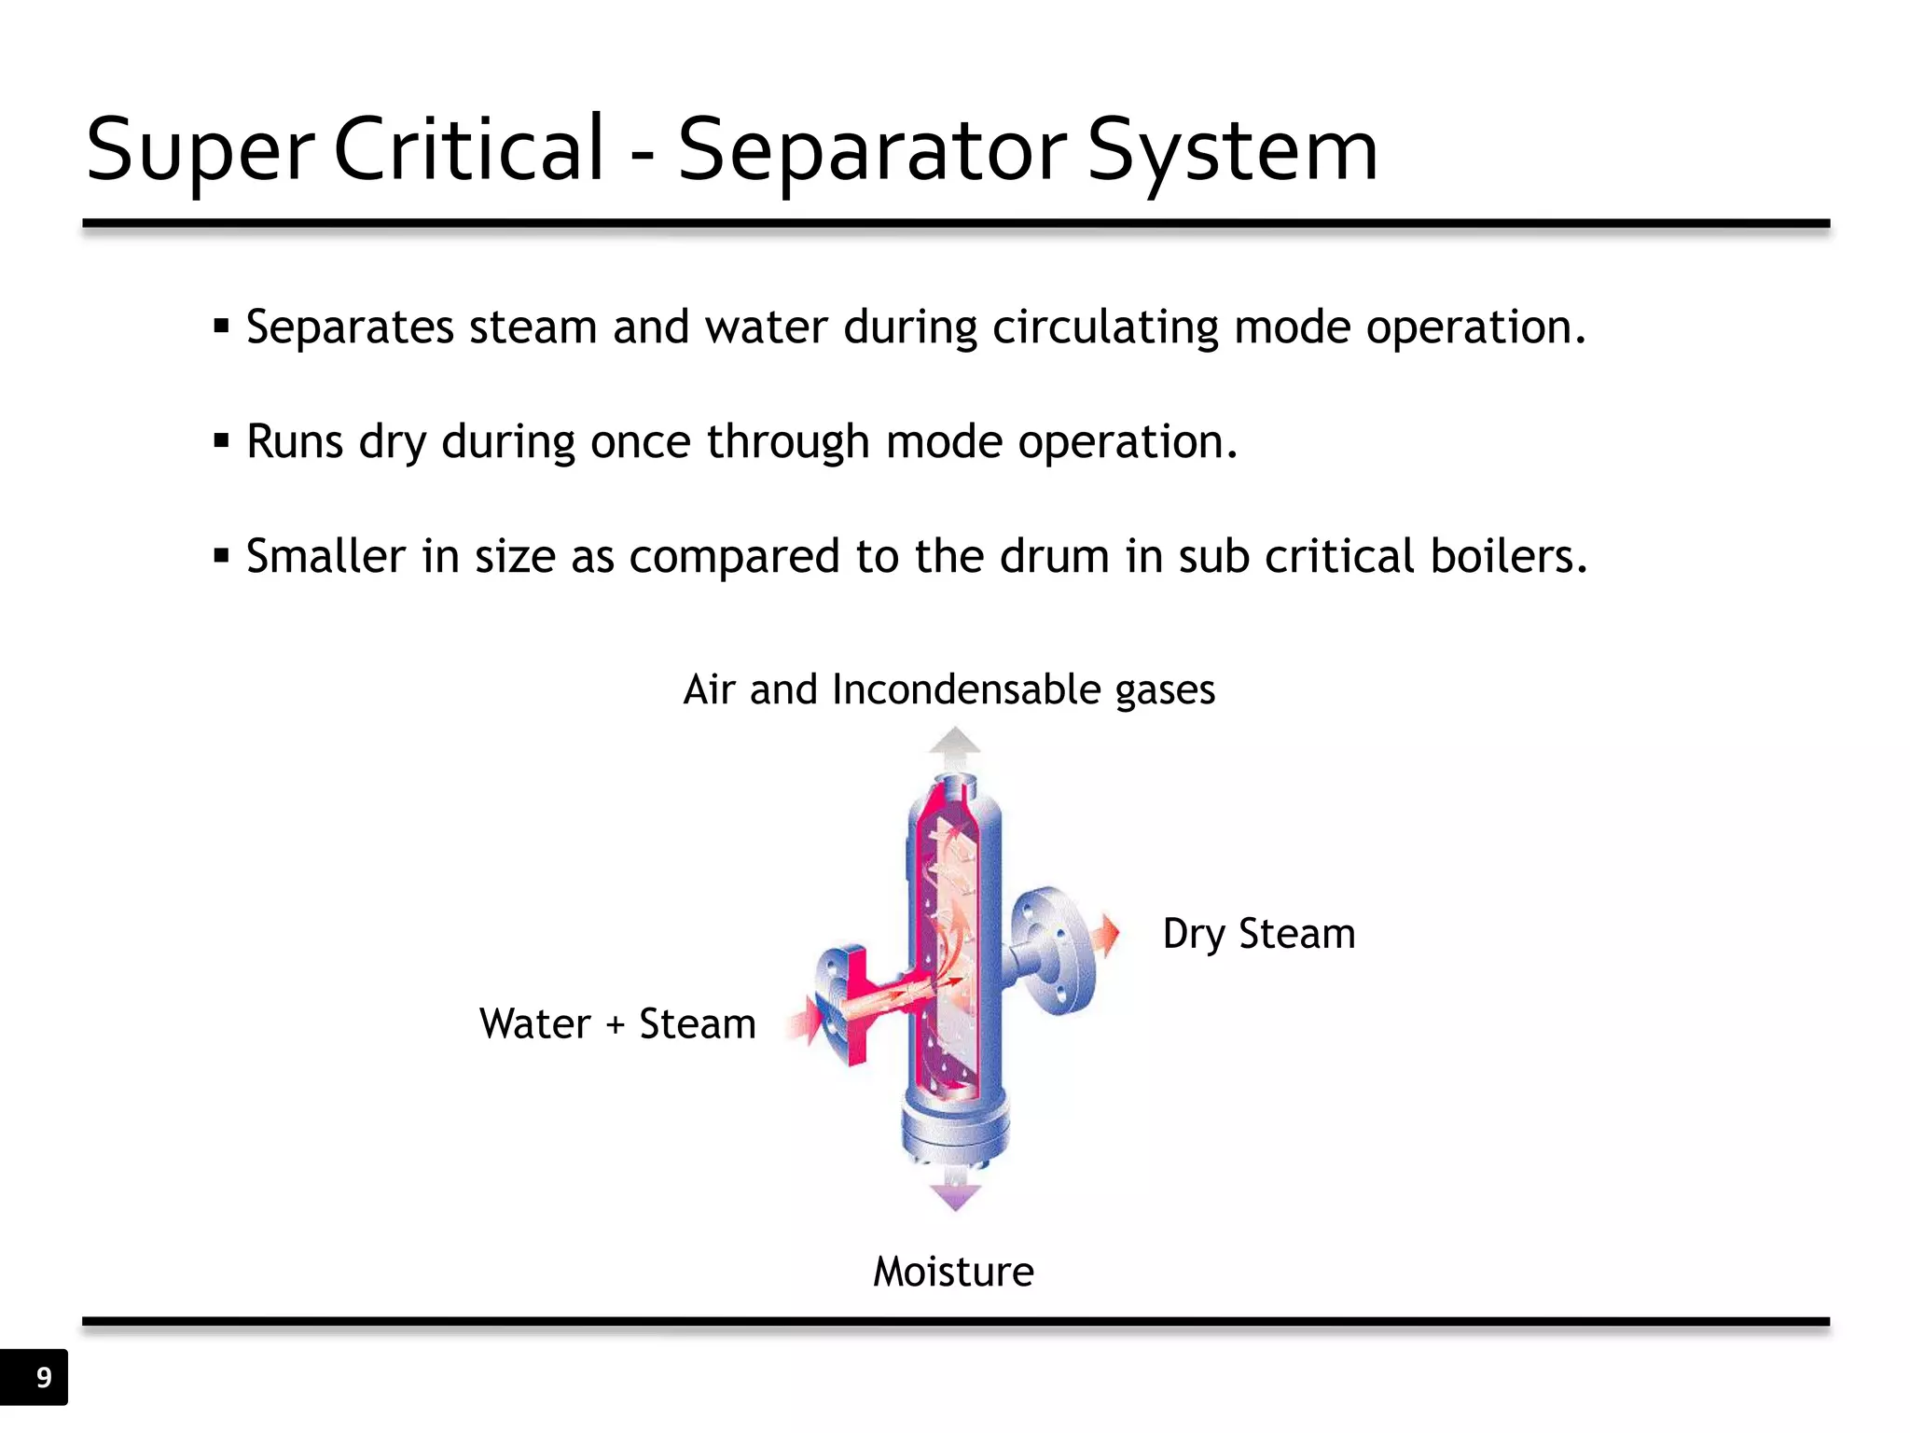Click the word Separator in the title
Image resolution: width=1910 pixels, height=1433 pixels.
[871, 149]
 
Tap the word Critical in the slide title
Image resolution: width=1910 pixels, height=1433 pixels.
[468, 149]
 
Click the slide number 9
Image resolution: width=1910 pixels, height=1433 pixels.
[43, 1377]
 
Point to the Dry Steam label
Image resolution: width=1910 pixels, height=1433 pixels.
[1258, 934]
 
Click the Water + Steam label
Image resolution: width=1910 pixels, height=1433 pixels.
[617, 1023]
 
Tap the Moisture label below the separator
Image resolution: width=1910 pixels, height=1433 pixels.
[953, 1272]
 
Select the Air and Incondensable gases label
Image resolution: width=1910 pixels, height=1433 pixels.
[948, 689]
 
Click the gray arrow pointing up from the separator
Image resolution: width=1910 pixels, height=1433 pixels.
[955, 746]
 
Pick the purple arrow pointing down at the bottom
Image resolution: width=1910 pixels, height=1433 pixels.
[955, 1195]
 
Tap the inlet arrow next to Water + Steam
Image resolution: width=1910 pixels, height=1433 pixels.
[804, 1019]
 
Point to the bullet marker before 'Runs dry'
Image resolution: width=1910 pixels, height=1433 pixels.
[221, 441]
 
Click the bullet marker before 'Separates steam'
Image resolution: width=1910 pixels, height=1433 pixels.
[221, 327]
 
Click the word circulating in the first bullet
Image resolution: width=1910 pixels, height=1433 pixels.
[1105, 327]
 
